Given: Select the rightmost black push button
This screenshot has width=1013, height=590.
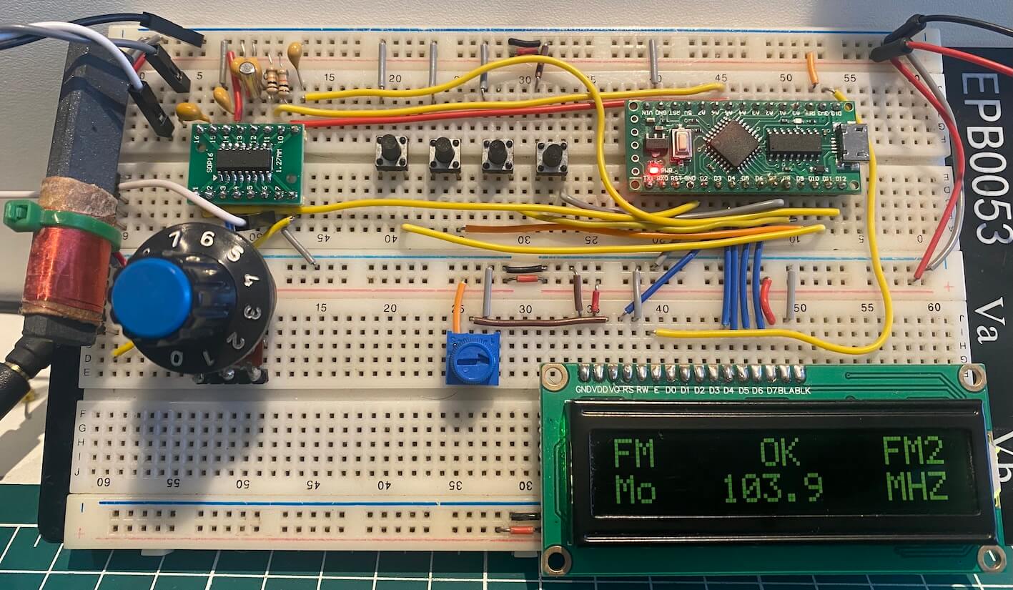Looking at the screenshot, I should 551,155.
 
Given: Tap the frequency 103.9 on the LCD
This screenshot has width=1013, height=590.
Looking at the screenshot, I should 772,488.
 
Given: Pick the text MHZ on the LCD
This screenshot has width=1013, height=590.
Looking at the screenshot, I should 917,488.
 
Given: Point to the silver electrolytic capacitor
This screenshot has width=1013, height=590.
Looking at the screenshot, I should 251,77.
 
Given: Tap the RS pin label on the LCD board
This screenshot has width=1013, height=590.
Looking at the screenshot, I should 628,389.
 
